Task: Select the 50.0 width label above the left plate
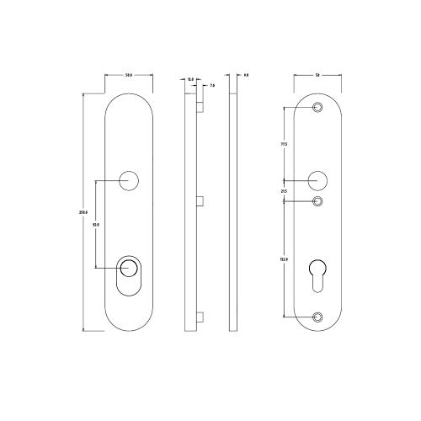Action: [x=129, y=77]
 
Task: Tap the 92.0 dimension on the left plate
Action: [x=96, y=225]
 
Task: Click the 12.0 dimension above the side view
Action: [x=190, y=79]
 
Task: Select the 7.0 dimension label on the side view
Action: [x=210, y=86]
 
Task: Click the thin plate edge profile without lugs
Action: [x=233, y=210]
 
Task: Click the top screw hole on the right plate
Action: [x=317, y=108]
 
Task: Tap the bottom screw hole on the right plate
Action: [x=317, y=317]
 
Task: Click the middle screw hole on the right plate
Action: [x=317, y=201]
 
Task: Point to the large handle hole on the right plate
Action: [x=317, y=179]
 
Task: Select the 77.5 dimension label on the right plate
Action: [x=284, y=144]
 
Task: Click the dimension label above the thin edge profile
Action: [x=245, y=76]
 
